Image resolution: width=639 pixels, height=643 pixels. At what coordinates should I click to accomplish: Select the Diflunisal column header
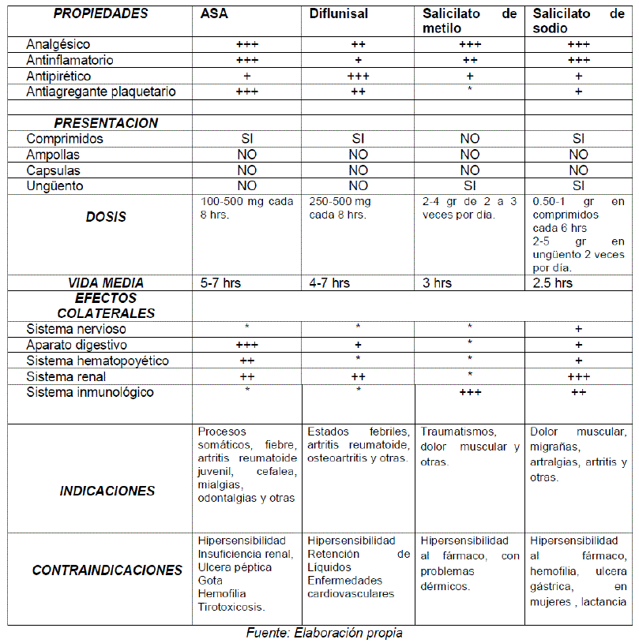click(338, 14)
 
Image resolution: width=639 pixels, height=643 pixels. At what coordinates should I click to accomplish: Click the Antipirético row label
click(58, 77)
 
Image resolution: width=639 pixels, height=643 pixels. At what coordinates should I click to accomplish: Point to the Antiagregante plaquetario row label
click(101, 92)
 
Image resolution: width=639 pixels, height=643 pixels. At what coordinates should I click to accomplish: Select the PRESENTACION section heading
click(106, 123)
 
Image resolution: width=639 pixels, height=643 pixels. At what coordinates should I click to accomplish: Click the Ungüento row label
click(55, 186)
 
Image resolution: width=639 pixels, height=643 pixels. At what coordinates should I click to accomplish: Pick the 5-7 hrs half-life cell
click(220, 282)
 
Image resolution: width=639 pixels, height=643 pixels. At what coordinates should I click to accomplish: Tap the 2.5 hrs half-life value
click(553, 282)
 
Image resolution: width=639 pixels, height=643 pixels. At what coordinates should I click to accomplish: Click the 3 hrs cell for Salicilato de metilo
click(437, 282)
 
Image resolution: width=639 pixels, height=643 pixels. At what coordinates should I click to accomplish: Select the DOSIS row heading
click(106, 217)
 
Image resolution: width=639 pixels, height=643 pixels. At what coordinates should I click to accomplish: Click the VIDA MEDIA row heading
click(106, 282)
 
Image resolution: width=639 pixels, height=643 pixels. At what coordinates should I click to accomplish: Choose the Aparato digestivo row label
click(77, 345)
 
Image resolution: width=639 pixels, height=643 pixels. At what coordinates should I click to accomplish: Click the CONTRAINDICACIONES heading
click(107, 570)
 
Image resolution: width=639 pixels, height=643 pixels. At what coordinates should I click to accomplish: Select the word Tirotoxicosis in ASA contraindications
click(231, 607)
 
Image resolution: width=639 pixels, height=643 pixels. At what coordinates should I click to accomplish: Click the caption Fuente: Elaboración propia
click(325, 633)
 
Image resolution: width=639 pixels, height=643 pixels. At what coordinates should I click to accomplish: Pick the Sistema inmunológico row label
click(90, 392)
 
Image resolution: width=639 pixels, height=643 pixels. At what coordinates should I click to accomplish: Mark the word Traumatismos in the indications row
click(458, 432)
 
